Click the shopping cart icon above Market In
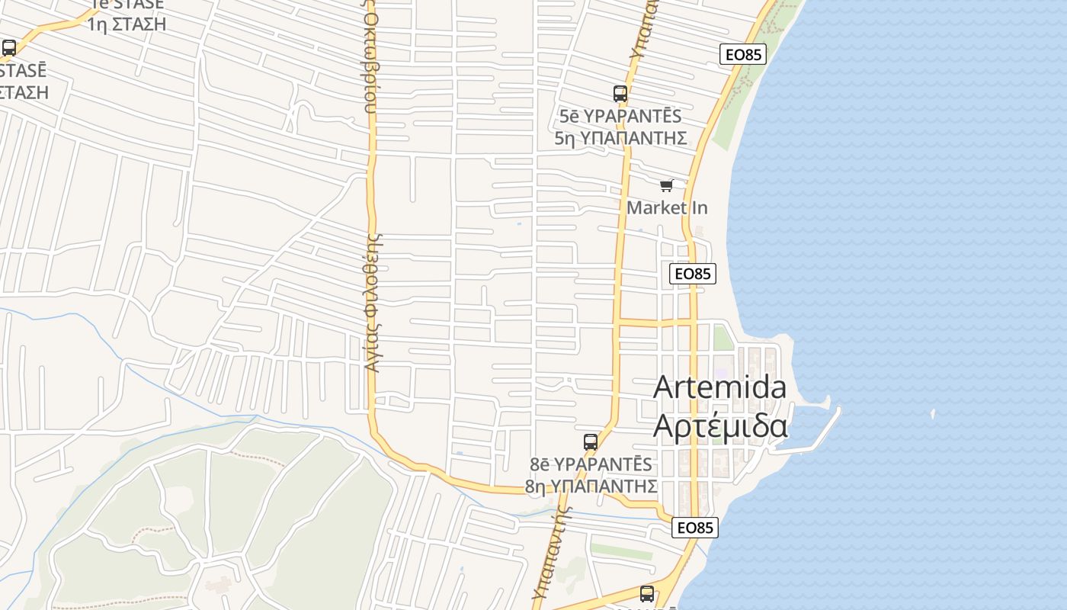(x=667, y=185)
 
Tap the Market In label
(x=667, y=207)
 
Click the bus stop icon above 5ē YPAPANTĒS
(x=620, y=94)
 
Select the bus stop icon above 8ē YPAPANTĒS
(x=591, y=441)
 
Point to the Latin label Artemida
(x=720, y=387)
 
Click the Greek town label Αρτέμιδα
(x=720, y=425)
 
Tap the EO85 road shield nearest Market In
(x=693, y=274)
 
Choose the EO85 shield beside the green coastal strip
(x=743, y=54)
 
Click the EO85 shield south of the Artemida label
(x=695, y=528)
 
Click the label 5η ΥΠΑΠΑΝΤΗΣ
(x=620, y=138)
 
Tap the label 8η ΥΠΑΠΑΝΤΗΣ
(x=591, y=486)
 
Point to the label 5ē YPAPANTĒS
(x=620, y=117)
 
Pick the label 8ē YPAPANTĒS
(x=591, y=464)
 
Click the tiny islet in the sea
(x=933, y=414)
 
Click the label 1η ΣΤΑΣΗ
(x=127, y=24)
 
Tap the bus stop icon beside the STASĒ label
(x=9, y=48)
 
